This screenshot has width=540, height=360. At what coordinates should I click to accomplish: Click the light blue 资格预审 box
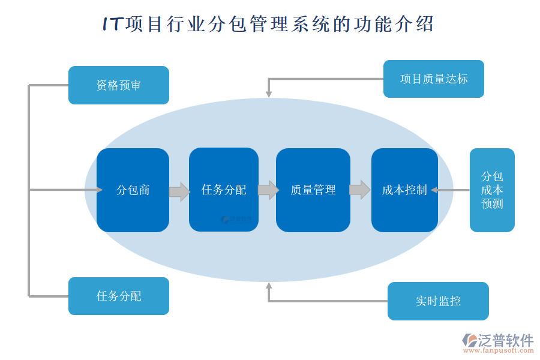pyautogui.click(x=118, y=85)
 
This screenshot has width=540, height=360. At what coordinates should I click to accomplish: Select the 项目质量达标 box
pyautogui.click(x=433, y=79)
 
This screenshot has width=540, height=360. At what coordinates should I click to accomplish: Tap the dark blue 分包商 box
pyautogui.click(x=133, y=190)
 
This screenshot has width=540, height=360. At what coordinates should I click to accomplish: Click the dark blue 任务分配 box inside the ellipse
pyautogui.click(x=223, y=190)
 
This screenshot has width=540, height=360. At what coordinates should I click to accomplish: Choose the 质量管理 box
pyautogui.click(x=313, y=190)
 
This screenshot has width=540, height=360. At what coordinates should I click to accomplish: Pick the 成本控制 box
pyautogui.click(x=404, y=190)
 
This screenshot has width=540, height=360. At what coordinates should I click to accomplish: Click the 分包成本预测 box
pyautogui.click(x=492, y=190)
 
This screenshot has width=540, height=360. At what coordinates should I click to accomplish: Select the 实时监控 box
pyautogui.click(x=438, y=301)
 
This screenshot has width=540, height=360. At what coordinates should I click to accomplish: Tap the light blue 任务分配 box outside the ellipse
pyautogui.click(x=118, y=296)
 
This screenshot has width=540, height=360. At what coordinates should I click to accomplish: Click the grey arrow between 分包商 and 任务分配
pyautogui.click(x=179, y=191)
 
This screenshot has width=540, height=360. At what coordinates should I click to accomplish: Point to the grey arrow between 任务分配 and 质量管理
pyautogui.click(x=268, y=190)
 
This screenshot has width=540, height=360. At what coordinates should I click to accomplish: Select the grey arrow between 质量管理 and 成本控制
pyautogui.click(x=359, y=190)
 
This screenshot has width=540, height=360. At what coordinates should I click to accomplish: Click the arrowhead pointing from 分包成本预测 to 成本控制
pyautogui.click(x=435, y=190)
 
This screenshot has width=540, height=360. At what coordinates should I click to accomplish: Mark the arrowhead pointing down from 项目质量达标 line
pyautogui.click(x=268, y=94)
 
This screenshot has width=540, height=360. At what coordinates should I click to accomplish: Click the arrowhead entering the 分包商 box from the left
pyautogui.click(x=99, y=190)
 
